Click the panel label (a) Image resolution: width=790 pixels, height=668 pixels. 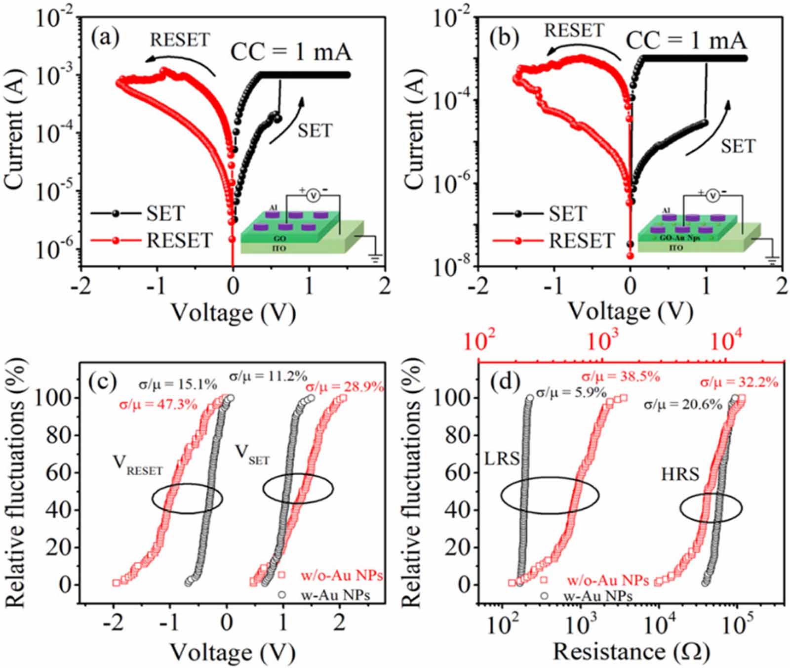pos(105,38)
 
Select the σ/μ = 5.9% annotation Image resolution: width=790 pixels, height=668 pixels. pos(571,393)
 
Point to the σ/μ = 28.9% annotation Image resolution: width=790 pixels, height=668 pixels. pos(344,386)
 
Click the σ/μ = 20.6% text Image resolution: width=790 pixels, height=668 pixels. pos(682,405)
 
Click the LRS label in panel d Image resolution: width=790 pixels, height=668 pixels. pos(501,459)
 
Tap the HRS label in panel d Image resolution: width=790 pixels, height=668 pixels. pos(680,475)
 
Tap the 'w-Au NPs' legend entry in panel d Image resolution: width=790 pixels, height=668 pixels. pos(599,596)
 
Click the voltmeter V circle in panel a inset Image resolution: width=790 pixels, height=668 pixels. pos(312,196)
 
